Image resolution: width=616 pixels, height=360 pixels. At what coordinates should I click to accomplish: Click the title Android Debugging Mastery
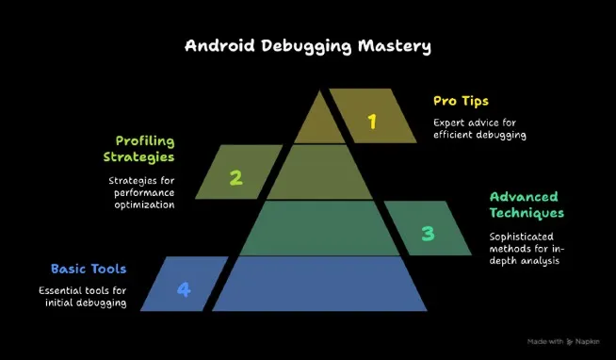tap(307, 45)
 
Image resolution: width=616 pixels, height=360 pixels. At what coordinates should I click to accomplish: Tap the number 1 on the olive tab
tap(372, 121)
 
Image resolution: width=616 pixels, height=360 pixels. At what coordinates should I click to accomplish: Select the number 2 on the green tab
tap(235, 176)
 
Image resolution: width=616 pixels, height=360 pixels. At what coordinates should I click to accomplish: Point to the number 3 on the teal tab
tap(428, 232)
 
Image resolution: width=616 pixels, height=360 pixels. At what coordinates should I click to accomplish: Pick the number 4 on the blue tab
tap(184, 289)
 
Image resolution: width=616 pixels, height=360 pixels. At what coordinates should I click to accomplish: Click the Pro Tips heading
tap(462, 100)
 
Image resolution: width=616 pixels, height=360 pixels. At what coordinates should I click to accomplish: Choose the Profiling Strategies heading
tap(139, 148)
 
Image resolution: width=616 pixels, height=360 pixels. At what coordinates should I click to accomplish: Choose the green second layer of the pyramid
tap(316, 173)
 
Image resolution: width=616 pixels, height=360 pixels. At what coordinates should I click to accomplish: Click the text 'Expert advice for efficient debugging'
tap(478, 128)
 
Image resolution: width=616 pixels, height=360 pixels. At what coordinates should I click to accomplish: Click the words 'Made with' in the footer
tap(544, 341)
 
